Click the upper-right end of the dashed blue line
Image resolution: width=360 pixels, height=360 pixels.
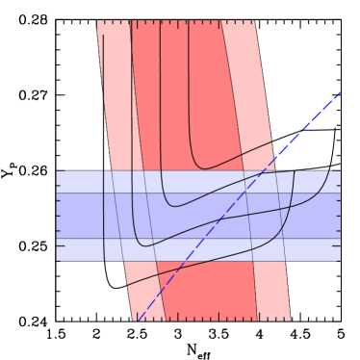click(340, 92)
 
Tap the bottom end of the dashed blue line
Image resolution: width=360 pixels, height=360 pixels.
click(138, 320)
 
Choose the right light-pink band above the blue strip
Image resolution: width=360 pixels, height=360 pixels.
click(245, 96)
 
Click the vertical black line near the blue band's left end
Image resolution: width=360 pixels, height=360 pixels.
click(104, 216)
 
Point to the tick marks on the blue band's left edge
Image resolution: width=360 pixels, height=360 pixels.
click(59, 216)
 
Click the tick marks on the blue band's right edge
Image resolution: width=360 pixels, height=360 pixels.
click(338, 216)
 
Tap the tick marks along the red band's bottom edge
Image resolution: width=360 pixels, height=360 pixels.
click(212, 318)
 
